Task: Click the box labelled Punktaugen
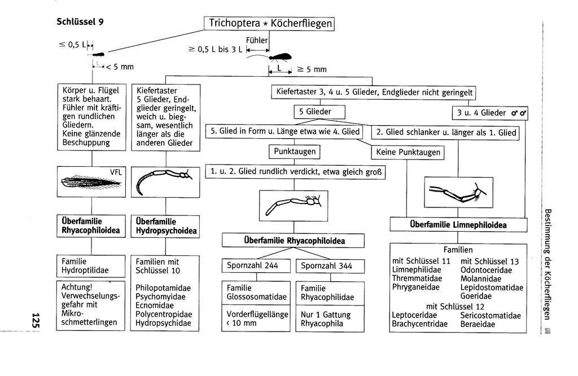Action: click(x=294, y=152)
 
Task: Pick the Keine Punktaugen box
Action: click(x=407, y=152)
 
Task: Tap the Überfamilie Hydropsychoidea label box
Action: click(x=165, y=226)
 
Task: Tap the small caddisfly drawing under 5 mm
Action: click(x=98, y=55)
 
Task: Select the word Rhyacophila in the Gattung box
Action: click(x=326, y=324)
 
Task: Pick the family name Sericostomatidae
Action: click(x=490, y=316)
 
